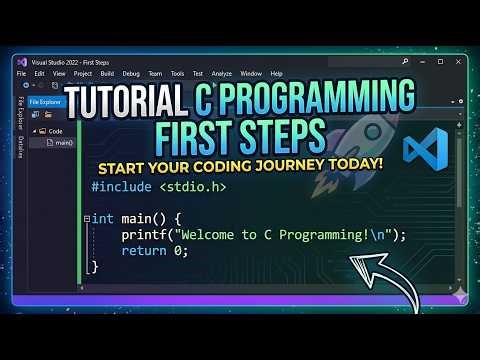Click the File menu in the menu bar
tap(21, 73)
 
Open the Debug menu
tap(129, 73)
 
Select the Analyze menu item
tap(221, 73)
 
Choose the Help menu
tap(276, 73)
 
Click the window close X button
tap(455, 61)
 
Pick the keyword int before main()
tap(104, 218)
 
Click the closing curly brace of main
tap(95, 267)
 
